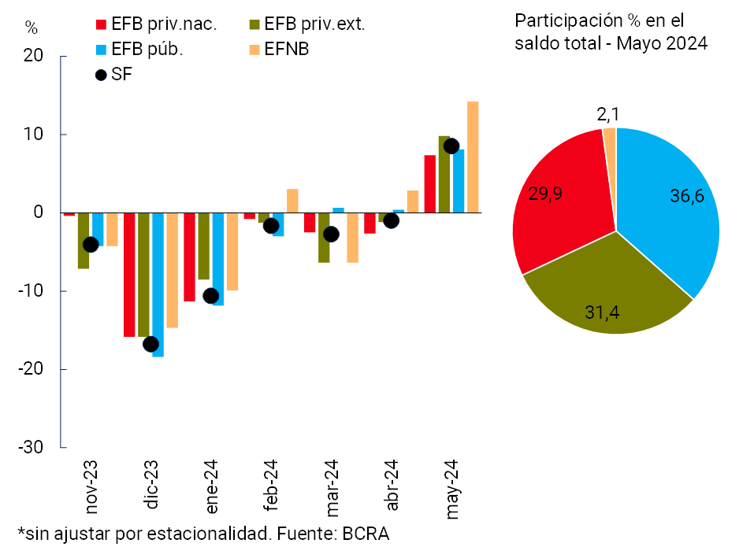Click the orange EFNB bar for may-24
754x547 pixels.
(x=473, y=157)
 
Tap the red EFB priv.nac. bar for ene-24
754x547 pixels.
(x=189, y=257)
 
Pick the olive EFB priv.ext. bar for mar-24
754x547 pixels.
(x=324, y=238)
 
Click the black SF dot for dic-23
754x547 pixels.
(x=150, y=344)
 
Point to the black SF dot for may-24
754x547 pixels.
(x=451, y=146)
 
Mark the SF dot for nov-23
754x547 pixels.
(x=91, y=245)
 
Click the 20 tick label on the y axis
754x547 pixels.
(x=35, y=57)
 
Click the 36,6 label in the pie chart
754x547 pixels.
(x=686, y=197)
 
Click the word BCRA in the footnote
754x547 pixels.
(x=366, y=534)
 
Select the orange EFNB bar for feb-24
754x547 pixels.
(x=292, y=201)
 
